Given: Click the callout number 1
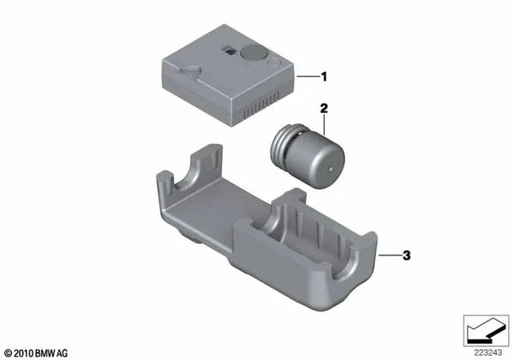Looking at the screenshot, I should point(324,76).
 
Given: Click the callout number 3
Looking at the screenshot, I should point(408,255).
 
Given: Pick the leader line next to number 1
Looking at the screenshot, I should point(306,76).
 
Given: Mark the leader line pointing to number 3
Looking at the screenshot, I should point(391,255).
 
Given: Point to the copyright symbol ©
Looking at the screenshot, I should point(9,351).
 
